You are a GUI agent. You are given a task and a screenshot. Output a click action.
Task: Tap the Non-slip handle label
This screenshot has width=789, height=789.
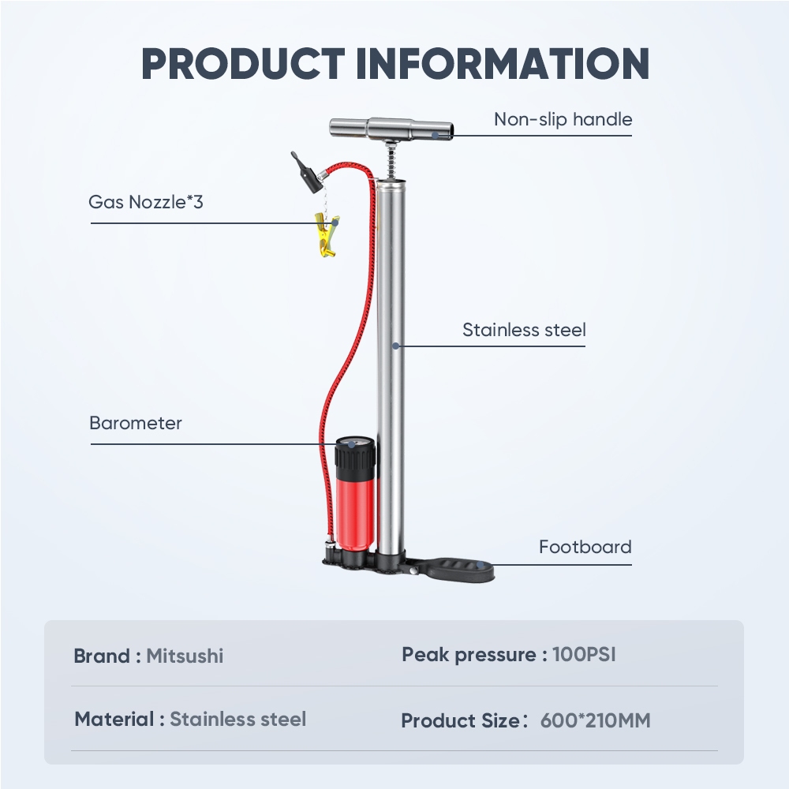pyautogui.click(x=563, y=120)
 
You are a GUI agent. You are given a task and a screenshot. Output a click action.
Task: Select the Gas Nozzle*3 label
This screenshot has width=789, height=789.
pyautogui.click(x=146, y=202)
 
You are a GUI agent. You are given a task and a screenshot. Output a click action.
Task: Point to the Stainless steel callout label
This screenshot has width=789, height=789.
pyautogui.click(x=525, y=330)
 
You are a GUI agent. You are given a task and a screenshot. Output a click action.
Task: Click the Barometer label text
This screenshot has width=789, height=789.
pyautogui.click(x=136, y=423)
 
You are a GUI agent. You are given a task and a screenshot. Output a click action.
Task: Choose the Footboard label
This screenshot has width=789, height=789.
pyautogui.click(x=585, y=547)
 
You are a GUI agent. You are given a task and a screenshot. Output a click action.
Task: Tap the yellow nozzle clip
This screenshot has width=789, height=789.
pyautogui.click(x=327, y=234)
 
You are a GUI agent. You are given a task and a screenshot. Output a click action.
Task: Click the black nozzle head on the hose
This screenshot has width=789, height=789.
pyautogui.click(x=308, y=173)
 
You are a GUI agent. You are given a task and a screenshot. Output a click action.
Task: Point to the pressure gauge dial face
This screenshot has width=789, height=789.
pyautogui.click(x=351, y=443)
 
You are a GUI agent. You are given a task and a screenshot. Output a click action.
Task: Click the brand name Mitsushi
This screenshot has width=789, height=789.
pyautogui.click(x=185, y=656)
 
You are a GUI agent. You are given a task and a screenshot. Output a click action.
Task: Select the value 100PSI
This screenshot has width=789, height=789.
pyautogui.click(x=584, y=655)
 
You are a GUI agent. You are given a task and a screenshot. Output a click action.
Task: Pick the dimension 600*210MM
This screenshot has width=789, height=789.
pyautogui.click(x=595, y=720)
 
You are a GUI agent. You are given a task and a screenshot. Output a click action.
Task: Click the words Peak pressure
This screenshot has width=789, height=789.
pyautogui.click(x=469, y=655)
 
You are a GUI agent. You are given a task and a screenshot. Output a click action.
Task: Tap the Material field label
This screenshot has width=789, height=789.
pyautogui.click(x=114, y=719)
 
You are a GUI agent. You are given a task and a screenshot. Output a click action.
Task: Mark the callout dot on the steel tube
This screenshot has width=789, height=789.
pyautogui.click(x=395, y=346)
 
